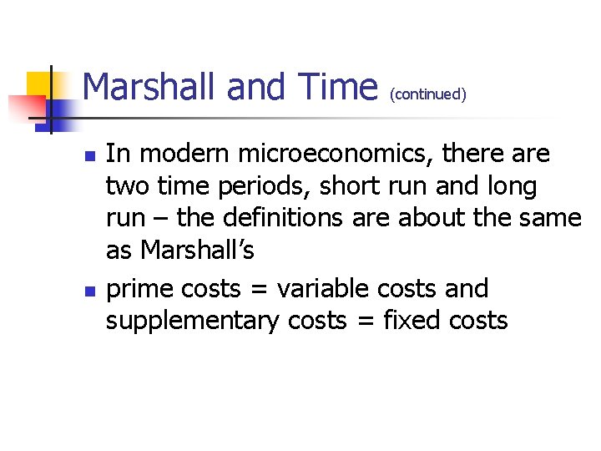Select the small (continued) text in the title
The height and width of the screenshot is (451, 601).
click(x=427, y=94)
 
